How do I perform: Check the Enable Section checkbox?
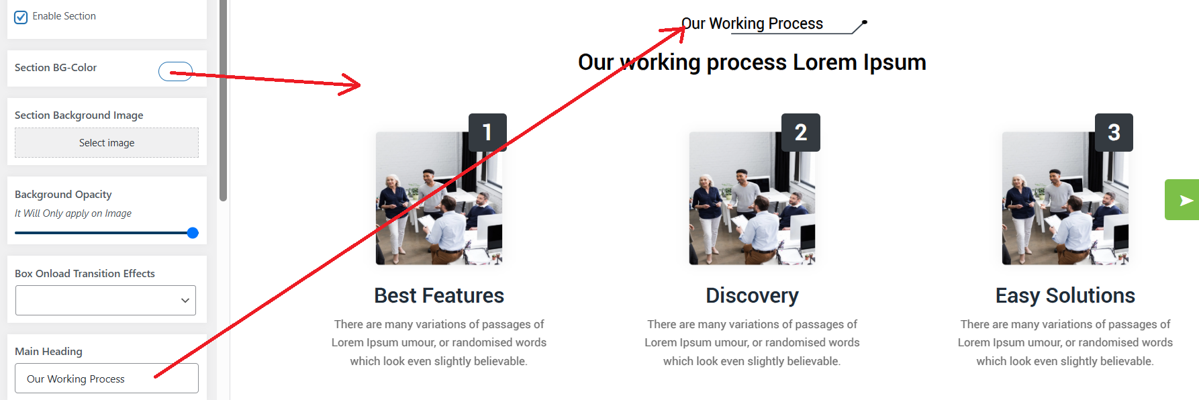(x=21, y=17)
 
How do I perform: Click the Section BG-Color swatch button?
(x=176, y=71)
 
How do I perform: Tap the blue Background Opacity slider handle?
(x=193, y=233)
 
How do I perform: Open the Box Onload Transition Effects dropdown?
(x=105, y=300)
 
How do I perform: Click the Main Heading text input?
(x=107, y=379)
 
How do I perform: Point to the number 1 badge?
(x=487, y=132)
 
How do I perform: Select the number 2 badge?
(x=801, y=132)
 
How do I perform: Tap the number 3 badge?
(x=1114, y=132)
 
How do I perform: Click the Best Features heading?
(x=439, y=295)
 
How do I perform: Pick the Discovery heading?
(x=752, y=295)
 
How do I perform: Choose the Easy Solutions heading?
(x=1065, y=295)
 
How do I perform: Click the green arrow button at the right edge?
(x=1182, y=200)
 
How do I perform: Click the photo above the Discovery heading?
(x=752, y=198)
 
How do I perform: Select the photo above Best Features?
(x=439, y=198)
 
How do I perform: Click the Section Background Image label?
(x=79, y=115)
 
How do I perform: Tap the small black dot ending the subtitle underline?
(x=865, y=23)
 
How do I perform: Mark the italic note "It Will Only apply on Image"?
(x=73, y=213)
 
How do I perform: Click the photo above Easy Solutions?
(x=1065, y=198)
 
